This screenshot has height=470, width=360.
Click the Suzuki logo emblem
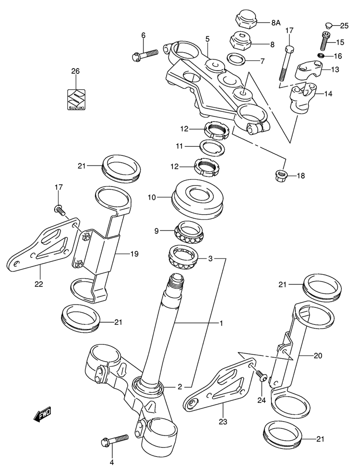75,100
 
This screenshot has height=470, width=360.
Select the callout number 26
75,71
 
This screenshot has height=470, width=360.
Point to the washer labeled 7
235,60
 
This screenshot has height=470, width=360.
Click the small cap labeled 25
328,25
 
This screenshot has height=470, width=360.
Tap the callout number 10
152,197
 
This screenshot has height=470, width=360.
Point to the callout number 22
39,284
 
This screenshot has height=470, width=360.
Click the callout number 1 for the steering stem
221,324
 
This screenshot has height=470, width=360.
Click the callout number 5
207,38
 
